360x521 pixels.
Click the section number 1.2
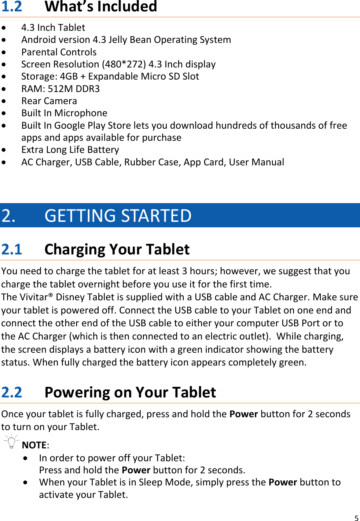12,7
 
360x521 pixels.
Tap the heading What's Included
101,7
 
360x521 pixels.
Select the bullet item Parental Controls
59,52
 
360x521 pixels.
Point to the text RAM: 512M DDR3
60,89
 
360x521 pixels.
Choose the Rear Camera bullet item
49,101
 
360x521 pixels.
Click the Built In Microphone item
64,113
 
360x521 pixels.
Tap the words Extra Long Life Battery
70,150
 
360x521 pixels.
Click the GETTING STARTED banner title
118,216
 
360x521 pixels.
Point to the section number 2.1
12,249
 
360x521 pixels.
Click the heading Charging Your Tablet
117,249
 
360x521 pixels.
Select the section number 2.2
12,392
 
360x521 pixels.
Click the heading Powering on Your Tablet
130,392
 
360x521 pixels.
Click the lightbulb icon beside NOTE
12,442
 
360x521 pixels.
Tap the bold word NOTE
34,445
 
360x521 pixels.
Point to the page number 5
356,518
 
